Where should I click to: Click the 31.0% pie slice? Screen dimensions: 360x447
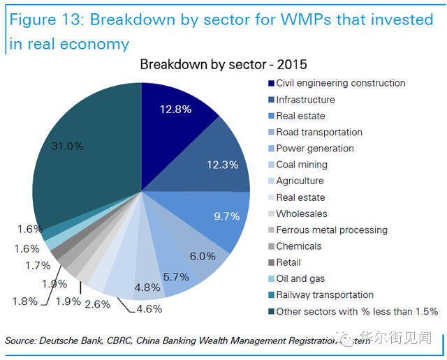(x=77, y=160)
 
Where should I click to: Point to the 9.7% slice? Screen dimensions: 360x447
(x=226, y=216)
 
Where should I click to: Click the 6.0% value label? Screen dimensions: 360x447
(x=203, y=256)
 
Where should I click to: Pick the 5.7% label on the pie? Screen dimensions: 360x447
(x=176, y=277)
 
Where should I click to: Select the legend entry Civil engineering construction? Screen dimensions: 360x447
(x=340, y=83)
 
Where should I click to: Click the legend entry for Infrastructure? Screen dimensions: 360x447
(x=305, y=100)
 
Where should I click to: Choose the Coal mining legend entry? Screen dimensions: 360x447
(x=302, y=165)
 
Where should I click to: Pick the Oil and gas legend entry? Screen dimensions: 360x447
(x=300, y=278)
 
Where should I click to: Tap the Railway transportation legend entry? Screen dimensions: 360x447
(x=325, y=295)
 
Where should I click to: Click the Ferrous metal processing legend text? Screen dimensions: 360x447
(x=332, y=230)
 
